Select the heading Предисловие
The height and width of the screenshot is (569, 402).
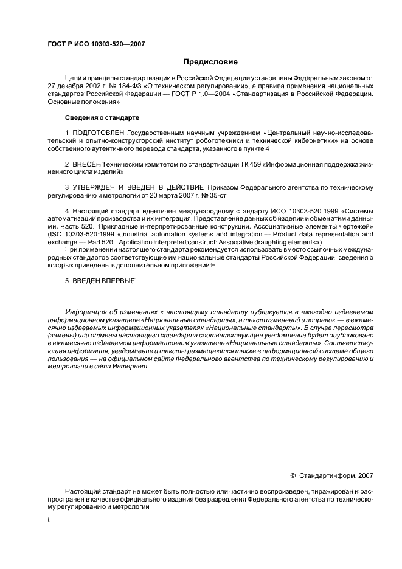coord(210,62)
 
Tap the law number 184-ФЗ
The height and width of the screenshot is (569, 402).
coord(136,86)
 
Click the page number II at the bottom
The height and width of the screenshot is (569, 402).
coord(50,520)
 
